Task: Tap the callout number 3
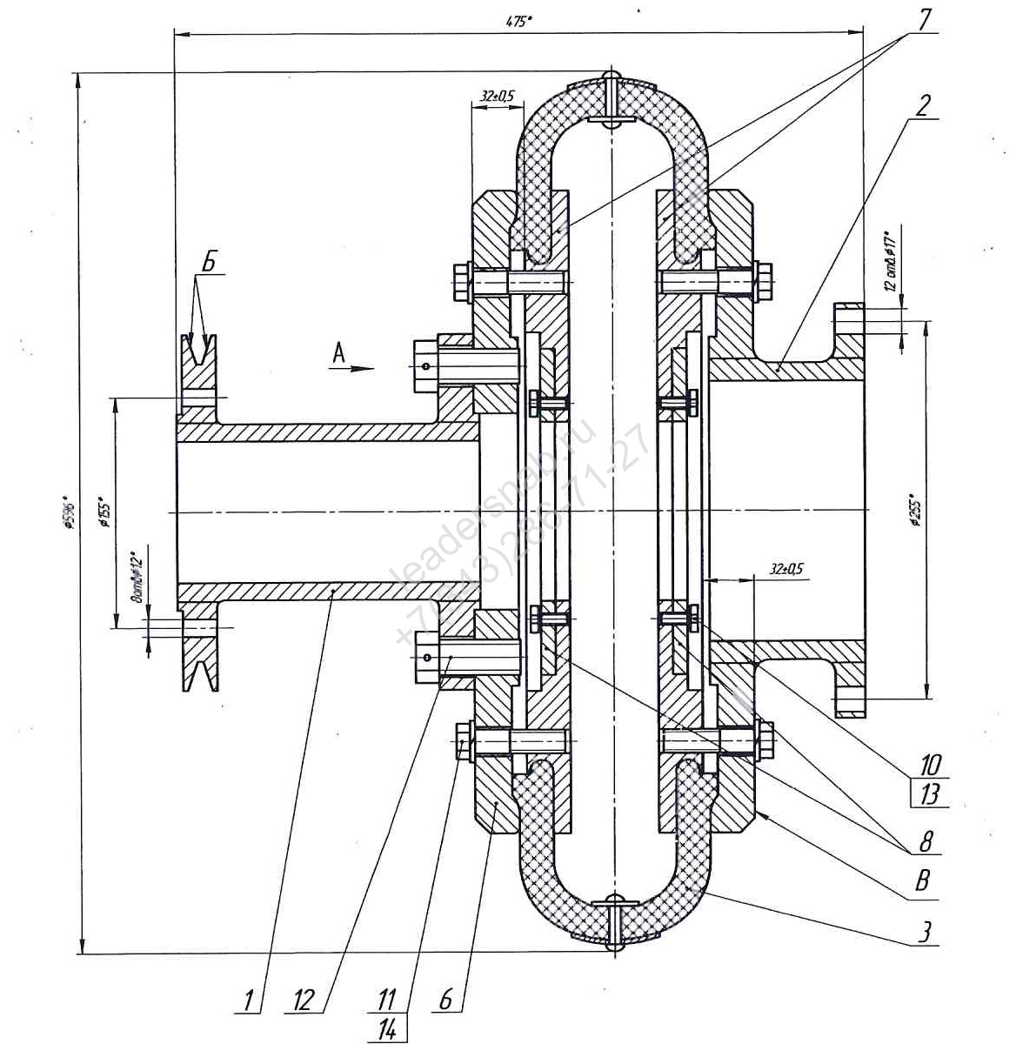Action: click(926, 932)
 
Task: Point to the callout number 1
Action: click(250, 1000)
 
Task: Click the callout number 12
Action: click(303, 1000)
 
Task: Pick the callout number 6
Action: click(445, 1000)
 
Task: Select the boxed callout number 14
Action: click(387, 1030)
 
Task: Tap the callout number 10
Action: click(930, 765)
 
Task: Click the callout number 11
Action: click(387, 1000)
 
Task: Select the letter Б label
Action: click(208, 261)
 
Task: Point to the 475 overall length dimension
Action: click(518, 23)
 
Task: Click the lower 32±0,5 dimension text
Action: click(786, 569)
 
